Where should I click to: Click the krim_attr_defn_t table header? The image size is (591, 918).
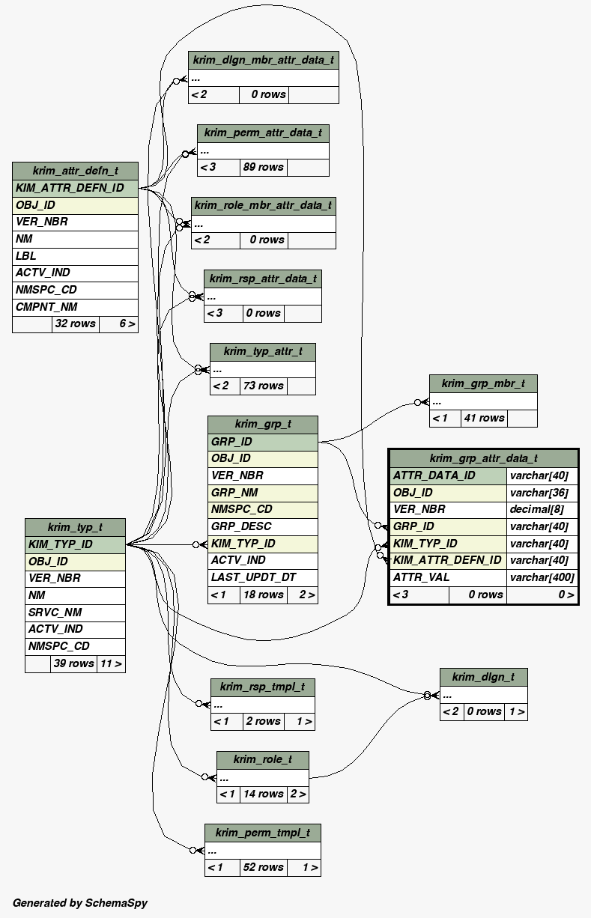click(75, 171)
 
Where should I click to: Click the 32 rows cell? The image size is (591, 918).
click(75, 324)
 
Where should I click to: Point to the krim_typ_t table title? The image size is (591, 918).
click(75, 527)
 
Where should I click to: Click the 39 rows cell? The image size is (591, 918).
click(73, 663)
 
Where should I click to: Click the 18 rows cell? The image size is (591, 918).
click(262, 595)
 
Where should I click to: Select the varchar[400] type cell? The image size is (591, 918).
click(542, 577)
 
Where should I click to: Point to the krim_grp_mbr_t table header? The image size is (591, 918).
click(483, 383)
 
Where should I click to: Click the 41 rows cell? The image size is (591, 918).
click(484, 418)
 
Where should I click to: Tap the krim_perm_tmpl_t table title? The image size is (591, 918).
click(262, 833)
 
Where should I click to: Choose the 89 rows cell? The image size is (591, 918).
click(263, 167)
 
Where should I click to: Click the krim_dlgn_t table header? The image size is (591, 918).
click(483, 677)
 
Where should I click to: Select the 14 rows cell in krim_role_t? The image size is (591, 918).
click(263, 794)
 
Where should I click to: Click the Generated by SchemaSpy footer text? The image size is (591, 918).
click(80, 903)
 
